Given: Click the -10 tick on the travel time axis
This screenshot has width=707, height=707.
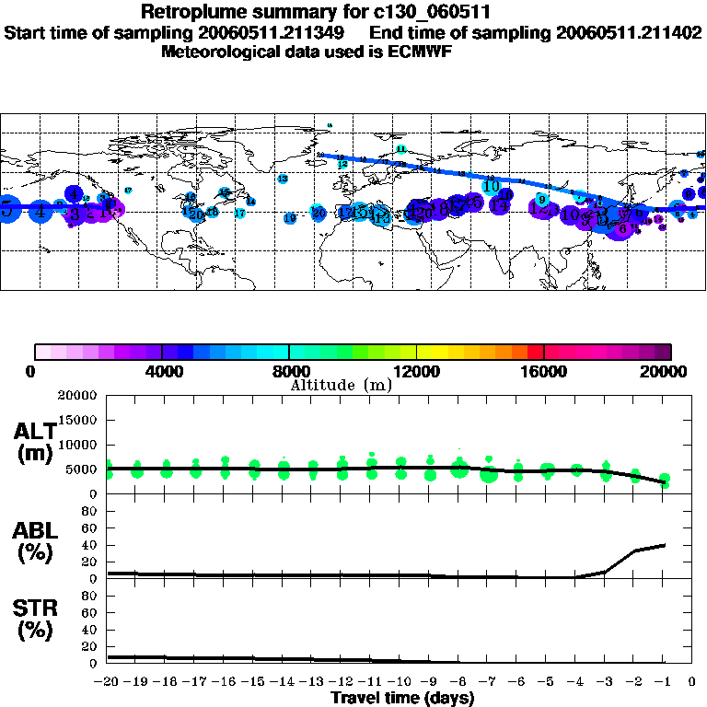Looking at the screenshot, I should pyautogui.click(x=400, y=681).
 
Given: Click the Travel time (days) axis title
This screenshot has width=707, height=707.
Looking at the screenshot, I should pyautogui.click(x=402, y=698).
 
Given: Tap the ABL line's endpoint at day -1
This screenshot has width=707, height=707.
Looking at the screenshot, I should pyautogui.click(x=664, y=545).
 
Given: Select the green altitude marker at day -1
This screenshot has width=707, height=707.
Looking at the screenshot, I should pyautogui.click(x=665, y=481).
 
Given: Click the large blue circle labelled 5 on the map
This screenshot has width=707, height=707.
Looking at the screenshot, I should pyautogui.click(x=7, y=208).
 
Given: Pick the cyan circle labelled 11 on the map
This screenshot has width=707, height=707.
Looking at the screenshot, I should pyautogui.click(x=400, y=148).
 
